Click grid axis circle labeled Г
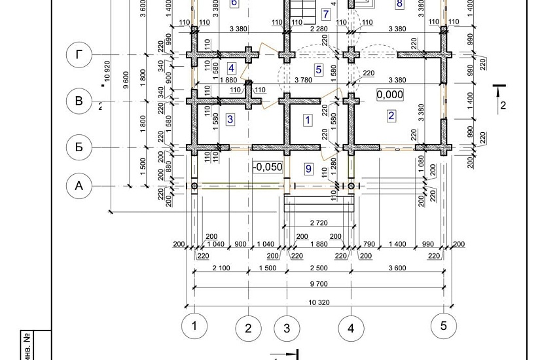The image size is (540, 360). point(79,55)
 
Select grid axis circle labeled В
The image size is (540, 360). point(79,101)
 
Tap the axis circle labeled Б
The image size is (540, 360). point(79,147)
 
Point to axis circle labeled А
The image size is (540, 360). point(79,186)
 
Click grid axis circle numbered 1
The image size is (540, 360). point(194,325)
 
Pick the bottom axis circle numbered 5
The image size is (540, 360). point(444,325)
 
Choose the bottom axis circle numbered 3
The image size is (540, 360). point(287,328)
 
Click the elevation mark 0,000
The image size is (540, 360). point(389,94)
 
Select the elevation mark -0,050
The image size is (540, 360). point(268,167)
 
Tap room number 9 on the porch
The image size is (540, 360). point(308,169)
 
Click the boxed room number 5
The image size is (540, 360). point(319,69)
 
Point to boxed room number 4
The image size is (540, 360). point(231,68)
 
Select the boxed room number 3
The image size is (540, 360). point(230,119)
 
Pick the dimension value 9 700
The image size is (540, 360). point(319,283)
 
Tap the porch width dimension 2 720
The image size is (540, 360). point(319,223)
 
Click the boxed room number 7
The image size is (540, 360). point(325,14)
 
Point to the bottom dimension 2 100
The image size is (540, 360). point(221,268)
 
